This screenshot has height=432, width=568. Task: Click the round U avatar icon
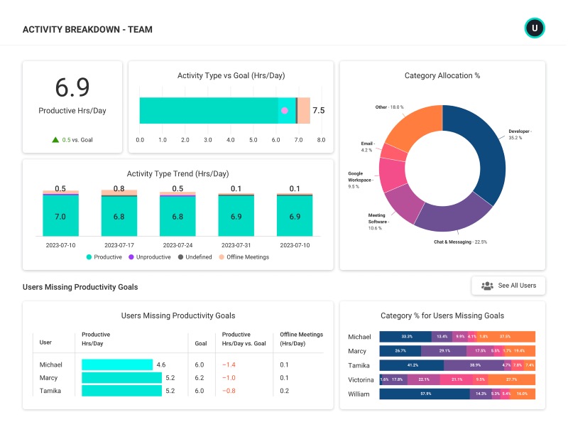tap(534, 28)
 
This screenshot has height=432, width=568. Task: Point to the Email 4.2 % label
tap(368, 147)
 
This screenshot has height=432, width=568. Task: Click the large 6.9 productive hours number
tap(72, 87)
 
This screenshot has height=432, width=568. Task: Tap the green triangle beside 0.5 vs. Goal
tap(55, 140)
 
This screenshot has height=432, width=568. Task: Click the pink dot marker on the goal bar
tap(285, 111)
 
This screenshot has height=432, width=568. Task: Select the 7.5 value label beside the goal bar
tap(319, 111)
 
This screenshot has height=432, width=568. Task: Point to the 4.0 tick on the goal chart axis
tap(231, 140)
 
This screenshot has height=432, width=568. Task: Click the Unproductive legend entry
tap(149, 257)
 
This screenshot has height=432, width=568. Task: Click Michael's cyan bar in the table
tap(117, 364)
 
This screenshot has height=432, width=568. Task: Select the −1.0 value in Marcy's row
tap(228, 378)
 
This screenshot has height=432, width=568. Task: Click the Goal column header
tap(201, 342)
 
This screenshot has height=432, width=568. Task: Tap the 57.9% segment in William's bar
tap(425, 394)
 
